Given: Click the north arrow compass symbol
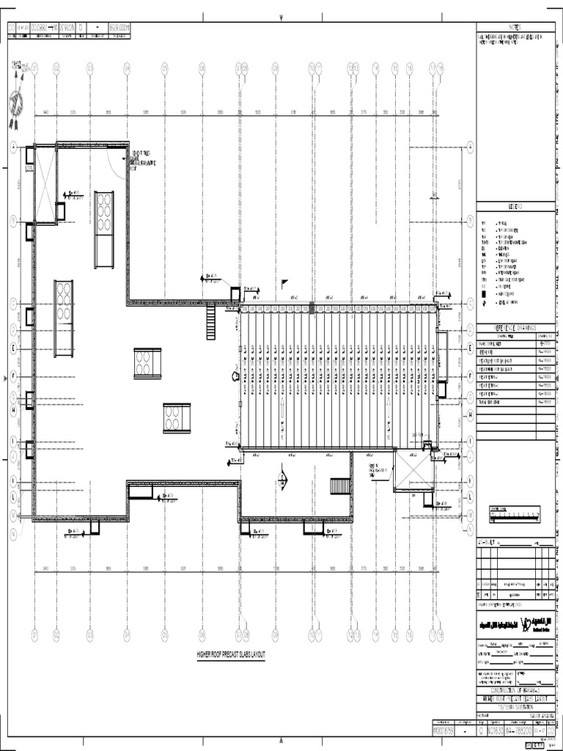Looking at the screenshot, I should [x=16, y=103].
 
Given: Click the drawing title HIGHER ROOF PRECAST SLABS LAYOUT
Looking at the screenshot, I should [x=231, y=654].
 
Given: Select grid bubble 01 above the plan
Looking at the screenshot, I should [x=34, y=67].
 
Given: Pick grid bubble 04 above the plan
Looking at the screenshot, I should [x=127, y=67].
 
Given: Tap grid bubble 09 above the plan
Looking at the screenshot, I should [x=275, y=67].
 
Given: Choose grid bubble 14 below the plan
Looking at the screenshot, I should [x=375, y=635].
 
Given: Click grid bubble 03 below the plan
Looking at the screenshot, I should [x=89, y=635].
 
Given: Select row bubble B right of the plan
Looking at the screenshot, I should [x=469, y=219].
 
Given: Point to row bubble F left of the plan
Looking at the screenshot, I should [x=12, y=376].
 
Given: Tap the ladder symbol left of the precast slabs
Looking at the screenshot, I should [x=211, y=322].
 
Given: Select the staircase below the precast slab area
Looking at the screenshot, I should [x=341, y=486].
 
